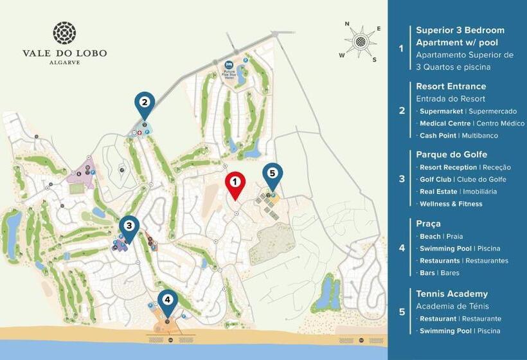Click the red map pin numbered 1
235,183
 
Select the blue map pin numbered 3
129,226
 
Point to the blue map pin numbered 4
168,300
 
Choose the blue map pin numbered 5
272,174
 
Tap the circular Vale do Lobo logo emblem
64,32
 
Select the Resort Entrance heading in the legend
451,86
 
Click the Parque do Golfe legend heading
451,154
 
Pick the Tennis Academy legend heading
451,294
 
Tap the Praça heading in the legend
428,223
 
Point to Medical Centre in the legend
445,123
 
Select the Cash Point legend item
438,136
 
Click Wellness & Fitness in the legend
451,204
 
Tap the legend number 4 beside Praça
402,248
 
